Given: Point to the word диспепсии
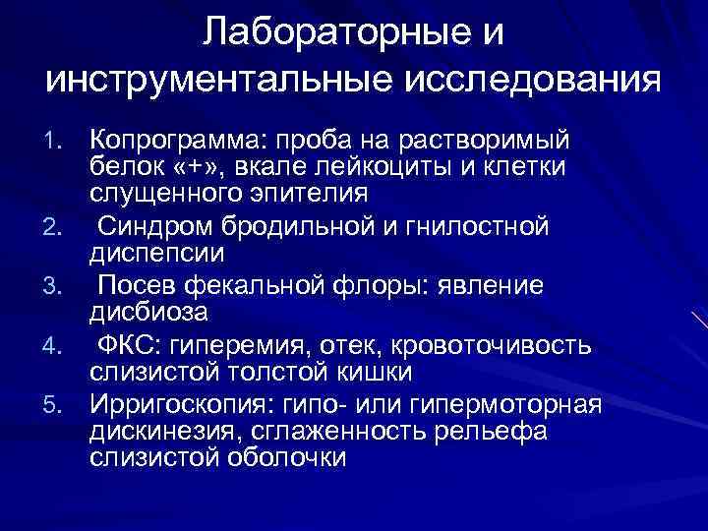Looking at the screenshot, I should click(157, 255).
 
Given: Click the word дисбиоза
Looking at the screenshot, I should click(147, 313).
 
